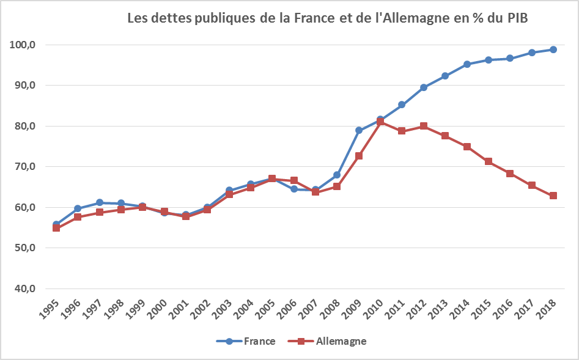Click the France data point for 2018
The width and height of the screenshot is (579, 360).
pos(553,50)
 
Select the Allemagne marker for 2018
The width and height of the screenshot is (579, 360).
pos(553,196)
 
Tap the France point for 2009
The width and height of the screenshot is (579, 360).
pos(359,130)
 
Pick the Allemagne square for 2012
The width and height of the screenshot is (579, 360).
pos(423,127)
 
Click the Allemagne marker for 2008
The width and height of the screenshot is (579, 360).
pos(337,186)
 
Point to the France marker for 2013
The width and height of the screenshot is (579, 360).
pos(445,76)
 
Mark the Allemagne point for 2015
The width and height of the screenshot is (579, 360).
pos(489,161)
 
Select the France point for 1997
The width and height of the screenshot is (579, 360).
pos(100,202)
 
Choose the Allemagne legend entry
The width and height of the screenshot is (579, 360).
pos(333,341)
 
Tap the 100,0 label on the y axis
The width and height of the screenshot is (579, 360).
pos(23,45)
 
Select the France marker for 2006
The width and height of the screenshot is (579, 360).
pos(294,189)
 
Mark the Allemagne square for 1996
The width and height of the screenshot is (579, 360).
pos(78,217)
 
